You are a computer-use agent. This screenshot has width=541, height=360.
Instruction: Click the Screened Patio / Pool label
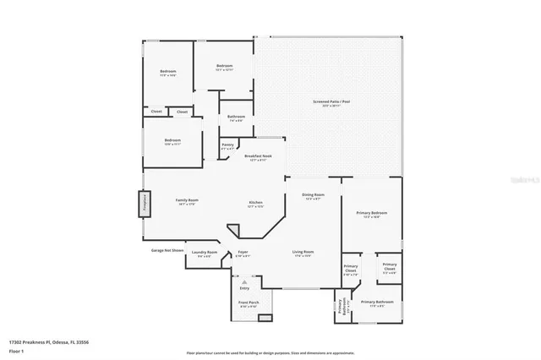point(331,102)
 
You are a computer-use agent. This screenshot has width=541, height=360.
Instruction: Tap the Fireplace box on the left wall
point(144,204)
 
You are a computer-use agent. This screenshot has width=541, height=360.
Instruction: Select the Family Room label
point(186,200)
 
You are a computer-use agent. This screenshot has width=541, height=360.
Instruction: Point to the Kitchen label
point(255,202)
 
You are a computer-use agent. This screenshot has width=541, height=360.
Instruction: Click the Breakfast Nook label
point(258,156)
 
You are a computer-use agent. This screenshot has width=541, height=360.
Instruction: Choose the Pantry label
point(227,145)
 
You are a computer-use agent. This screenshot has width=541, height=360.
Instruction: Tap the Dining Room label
point(314,195)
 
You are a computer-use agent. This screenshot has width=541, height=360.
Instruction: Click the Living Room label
point(303,252)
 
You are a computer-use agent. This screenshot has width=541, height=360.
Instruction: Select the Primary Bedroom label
point(373,213)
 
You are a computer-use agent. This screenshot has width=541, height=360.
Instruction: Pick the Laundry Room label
point(205,253)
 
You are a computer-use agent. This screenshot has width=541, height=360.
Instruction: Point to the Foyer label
point(243,252)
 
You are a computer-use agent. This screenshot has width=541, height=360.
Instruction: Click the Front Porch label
point(249,303)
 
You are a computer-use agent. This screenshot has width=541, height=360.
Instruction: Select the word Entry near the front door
point(244,288)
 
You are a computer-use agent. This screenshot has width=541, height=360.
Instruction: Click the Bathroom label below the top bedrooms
point(237,117)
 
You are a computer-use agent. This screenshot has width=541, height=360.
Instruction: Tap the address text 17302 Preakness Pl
point(52,341)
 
